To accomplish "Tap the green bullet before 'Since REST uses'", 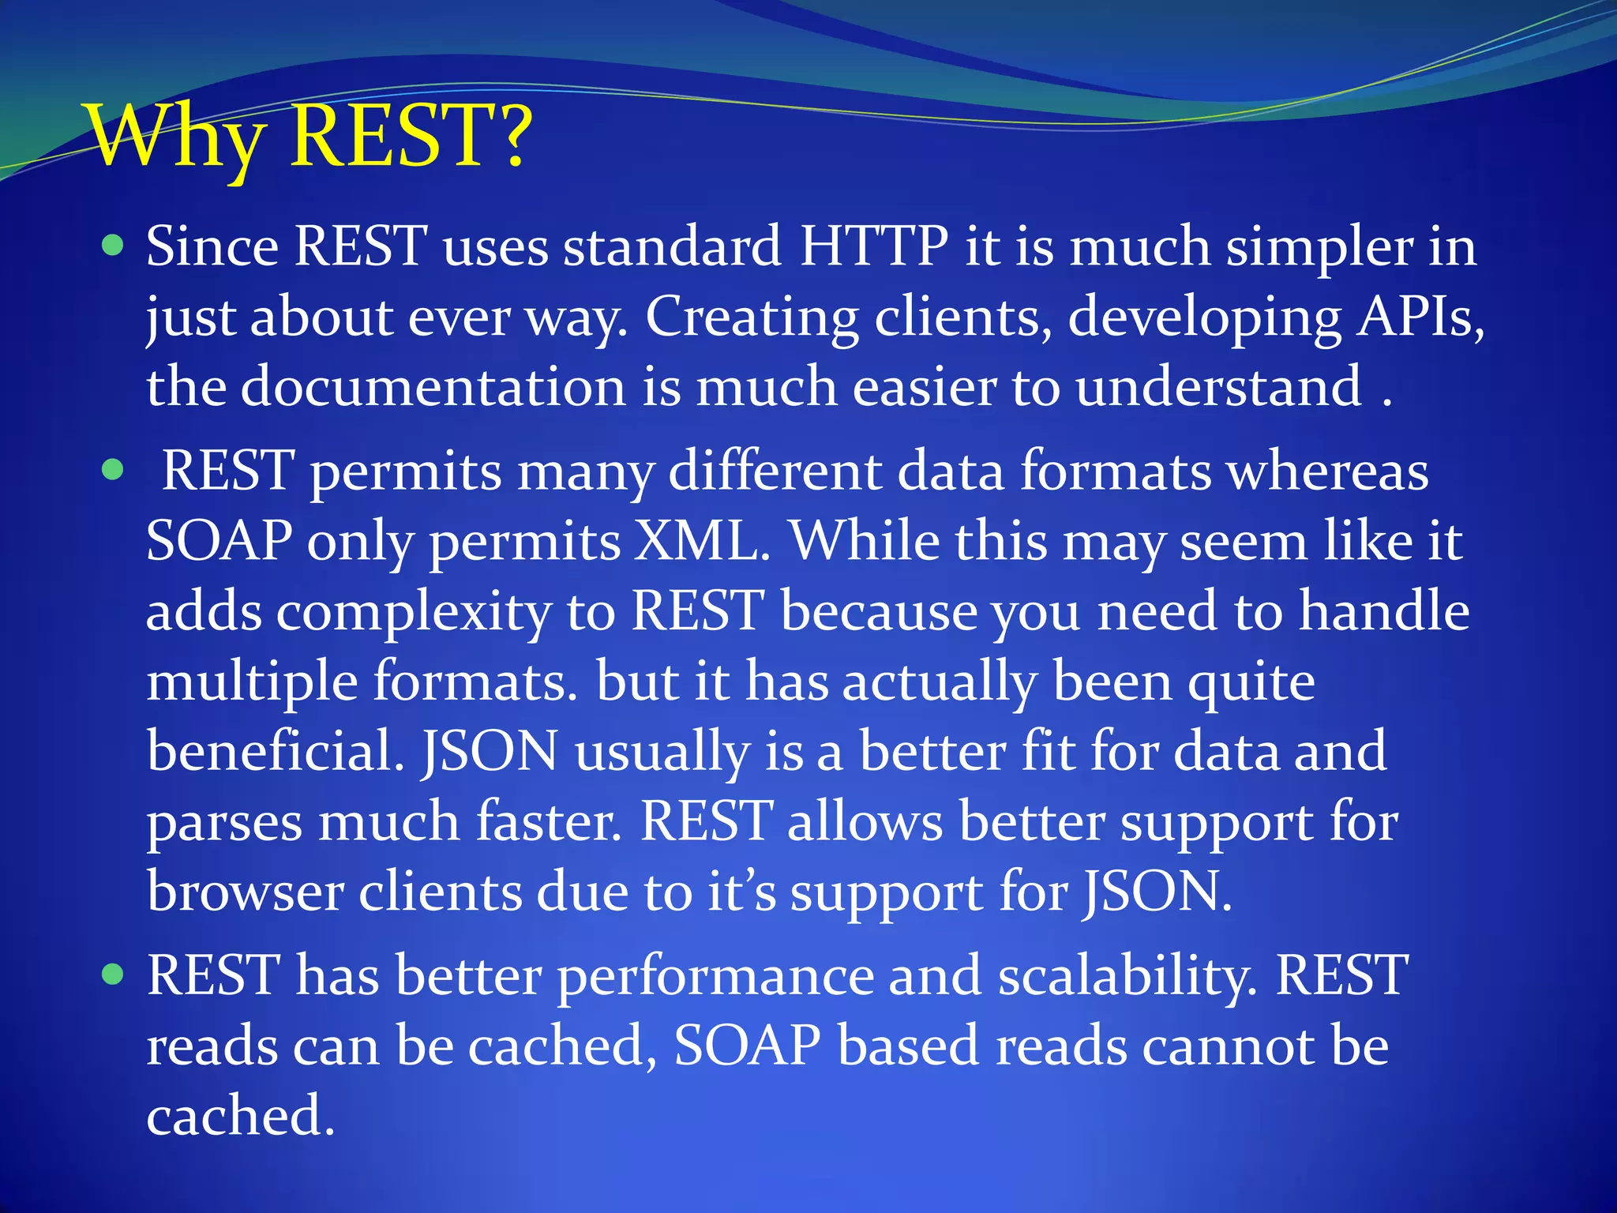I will (x=114, y=246).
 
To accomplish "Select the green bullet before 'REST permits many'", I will (x=114, y=471).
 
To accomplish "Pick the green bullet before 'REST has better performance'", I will (x=114, y=975).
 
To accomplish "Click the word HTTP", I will (x=873, y=246).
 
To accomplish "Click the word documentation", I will (x=433, y=387).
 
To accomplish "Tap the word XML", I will (x=702, y=542).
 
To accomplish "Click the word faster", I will (x=548, y=822).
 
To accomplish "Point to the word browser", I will (x=246, y=892).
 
